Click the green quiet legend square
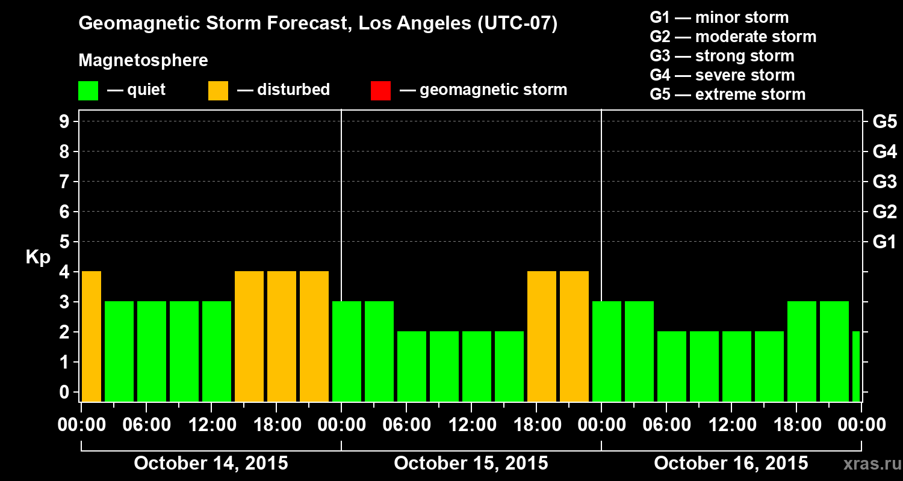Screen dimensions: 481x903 pyautogui.click(x=88, y=90)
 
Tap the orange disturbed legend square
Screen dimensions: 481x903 pyautogui.click(x=218, y=90)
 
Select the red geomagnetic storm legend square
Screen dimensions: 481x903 pyautogui.click(x=380, y=90)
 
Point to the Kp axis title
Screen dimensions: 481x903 pyautogui.click(x=37, y=257)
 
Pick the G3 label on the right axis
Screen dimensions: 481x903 pyautogui.click(x=884, y=182)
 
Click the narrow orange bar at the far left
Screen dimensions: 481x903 pyautogui.click(x=91, y=336)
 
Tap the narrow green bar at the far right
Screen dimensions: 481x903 pyautogui.click(x=856, y=366)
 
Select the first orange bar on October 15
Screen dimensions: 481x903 pyautogui.click(x=541, y=336)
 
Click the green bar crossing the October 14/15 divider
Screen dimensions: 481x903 pyautogui.click(x=347, y=351)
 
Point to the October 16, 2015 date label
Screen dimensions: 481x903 pyautogui.click(x=731, y=464)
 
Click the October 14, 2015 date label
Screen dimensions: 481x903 pyautogui.click(x=211, y=464)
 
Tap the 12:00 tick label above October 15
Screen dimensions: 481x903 pyautogui.click(x=471, y=425)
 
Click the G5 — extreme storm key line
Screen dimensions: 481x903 pyautogui.click(x=727, y=94)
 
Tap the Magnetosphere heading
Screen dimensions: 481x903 pyautogui.click(x=143, y=61)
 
